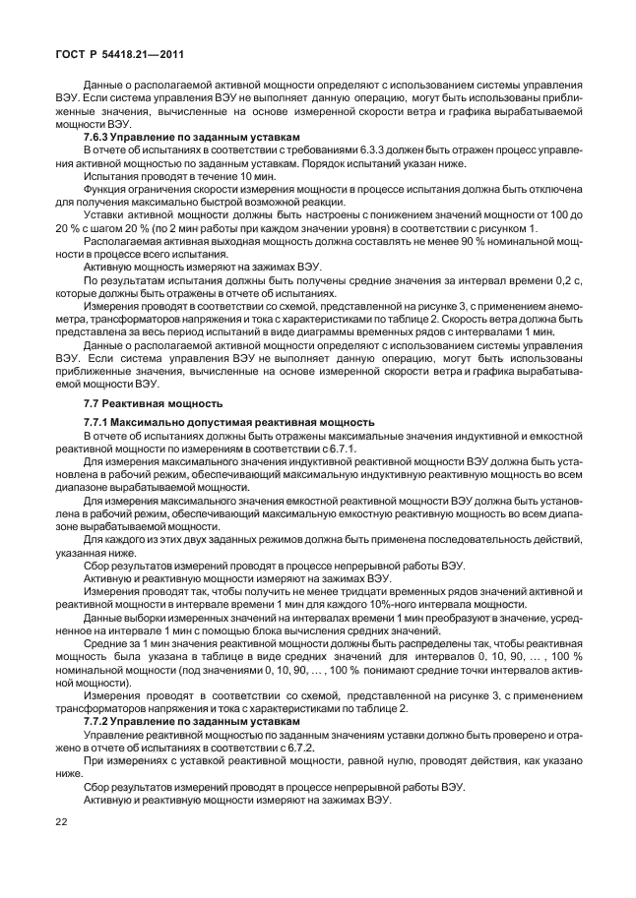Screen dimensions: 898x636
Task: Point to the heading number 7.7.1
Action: [x=99, y=421]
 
